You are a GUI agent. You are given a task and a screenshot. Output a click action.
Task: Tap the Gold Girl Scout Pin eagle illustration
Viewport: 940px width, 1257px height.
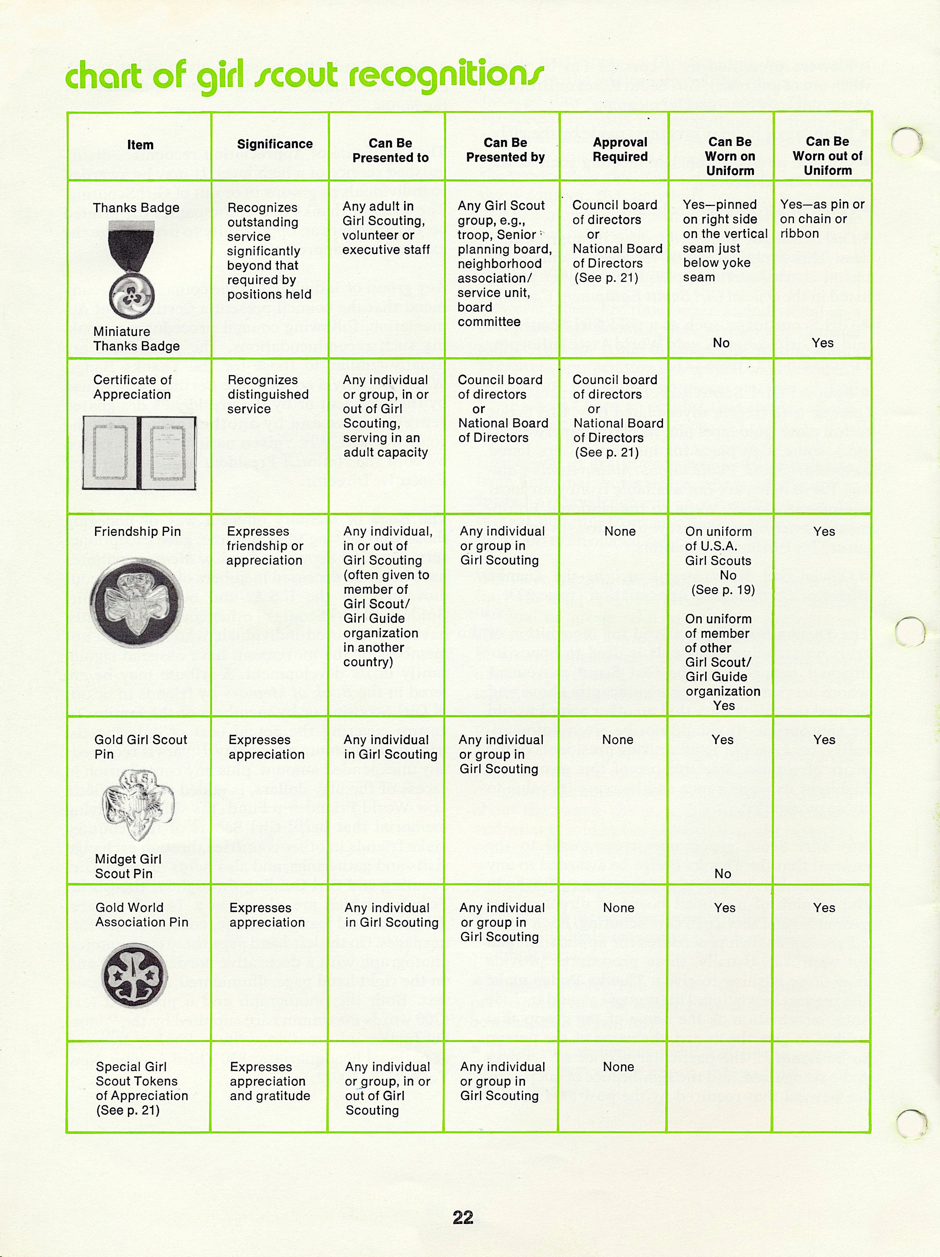[x=138, y=804]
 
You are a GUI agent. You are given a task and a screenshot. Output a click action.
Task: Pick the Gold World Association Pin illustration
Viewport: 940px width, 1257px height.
[x=134, y=975]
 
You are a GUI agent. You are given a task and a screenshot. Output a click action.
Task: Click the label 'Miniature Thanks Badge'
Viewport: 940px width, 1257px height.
[x=136, y=339]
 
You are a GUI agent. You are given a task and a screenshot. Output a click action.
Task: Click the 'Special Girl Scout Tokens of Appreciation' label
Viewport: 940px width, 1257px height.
[x=141, y=1088]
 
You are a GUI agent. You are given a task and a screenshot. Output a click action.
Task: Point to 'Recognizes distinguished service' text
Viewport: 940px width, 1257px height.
[x=268, y=395]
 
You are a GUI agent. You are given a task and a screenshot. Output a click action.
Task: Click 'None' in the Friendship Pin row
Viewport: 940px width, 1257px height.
[x=620, y=531]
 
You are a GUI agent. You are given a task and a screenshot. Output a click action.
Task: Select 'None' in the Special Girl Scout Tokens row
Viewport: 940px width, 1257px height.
[x=618, y=1067]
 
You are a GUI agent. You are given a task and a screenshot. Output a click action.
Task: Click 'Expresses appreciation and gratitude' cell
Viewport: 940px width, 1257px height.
[x=269, y=1081]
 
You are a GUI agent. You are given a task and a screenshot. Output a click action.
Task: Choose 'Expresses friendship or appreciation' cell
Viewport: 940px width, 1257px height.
[x=264, y=545]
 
